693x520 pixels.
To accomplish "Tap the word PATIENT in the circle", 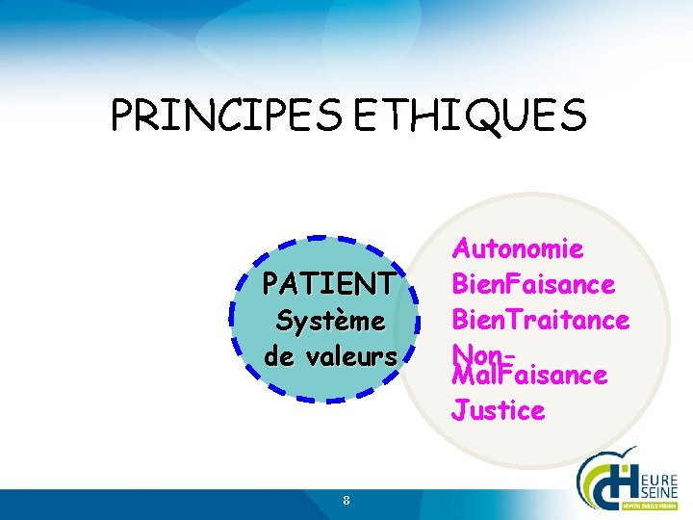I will point(328,284).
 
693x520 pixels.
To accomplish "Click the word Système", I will point(329,320).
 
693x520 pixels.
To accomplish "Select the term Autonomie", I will point(518,249).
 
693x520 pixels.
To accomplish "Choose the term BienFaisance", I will point(532,284).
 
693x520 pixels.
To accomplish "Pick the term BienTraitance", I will point(540,319).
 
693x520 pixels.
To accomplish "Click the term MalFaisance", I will point(528,375).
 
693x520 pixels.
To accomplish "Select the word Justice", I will point(498,411).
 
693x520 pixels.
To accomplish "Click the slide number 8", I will point(346,500).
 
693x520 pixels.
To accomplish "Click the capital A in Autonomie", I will point(461,249).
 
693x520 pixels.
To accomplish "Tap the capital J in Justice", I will point(459,411).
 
